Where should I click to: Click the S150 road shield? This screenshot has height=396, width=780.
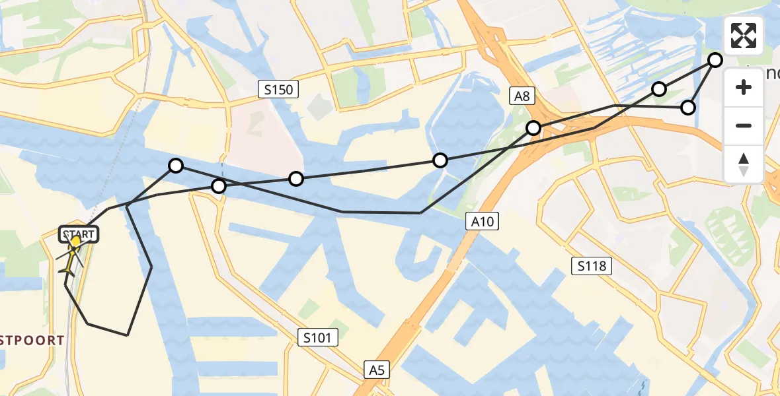278,89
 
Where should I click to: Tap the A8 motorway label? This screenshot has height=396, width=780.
522,96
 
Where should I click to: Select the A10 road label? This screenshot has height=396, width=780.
483,222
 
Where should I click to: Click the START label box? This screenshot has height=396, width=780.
79,234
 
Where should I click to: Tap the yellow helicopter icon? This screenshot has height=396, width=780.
70,257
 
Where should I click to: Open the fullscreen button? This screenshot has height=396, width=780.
744,36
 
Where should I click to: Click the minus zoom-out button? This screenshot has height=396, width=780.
744,125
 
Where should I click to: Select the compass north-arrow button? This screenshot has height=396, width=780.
744,164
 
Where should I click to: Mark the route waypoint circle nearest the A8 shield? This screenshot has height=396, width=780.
533,128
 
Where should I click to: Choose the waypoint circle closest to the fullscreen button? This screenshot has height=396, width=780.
715,60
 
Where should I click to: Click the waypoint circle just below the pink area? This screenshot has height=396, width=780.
296,179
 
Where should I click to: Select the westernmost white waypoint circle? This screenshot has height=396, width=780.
176,166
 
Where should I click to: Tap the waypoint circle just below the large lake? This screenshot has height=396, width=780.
440,160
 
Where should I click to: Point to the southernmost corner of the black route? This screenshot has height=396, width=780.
127,335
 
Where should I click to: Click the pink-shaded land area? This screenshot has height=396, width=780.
261,139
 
